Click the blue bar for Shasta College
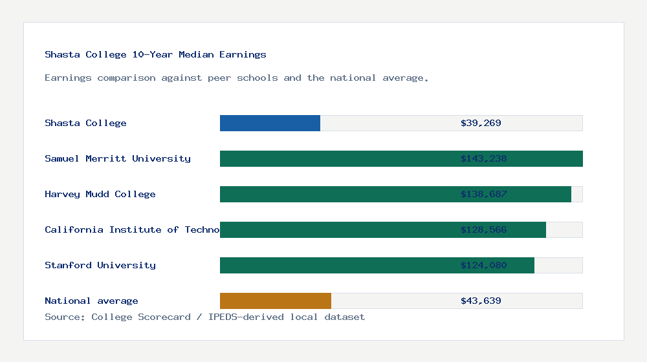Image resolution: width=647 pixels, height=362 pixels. click(270, 123)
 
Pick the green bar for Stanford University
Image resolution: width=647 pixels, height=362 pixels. click(336, 265)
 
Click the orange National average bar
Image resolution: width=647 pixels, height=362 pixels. click(276, 301)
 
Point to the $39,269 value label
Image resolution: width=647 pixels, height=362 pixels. click(481, 123)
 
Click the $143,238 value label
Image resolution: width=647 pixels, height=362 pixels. click(483, 158)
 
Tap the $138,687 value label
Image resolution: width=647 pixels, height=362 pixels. click(483, 194)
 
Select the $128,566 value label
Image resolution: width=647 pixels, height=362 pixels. click(483, 229)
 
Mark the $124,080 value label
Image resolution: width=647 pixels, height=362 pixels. click(483, 265)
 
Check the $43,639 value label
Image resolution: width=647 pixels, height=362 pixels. click(481, 301)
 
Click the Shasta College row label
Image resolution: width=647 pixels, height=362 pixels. click(85, 123)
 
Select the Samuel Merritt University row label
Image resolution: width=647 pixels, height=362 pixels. click(118, 158)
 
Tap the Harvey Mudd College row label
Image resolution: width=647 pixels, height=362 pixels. click(100, 194)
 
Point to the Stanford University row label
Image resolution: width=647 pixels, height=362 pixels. click(100, 265)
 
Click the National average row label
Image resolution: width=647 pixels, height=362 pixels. click(91, 301)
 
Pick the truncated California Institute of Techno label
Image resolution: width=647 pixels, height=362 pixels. click(132, 229)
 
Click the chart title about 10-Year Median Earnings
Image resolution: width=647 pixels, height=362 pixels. click(155, 54)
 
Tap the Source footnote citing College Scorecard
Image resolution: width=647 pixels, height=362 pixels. click(204, 317)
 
